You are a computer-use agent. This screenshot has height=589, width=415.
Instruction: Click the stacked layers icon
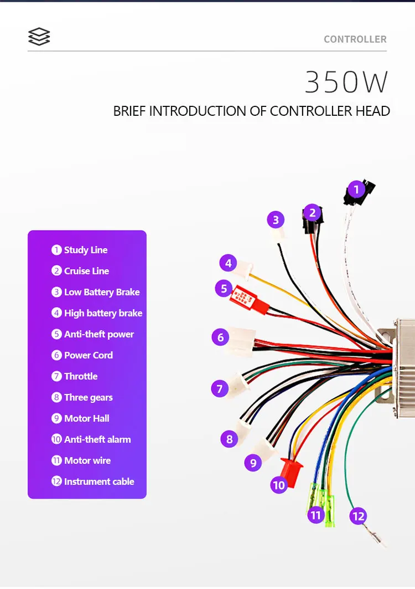tap(39, 37)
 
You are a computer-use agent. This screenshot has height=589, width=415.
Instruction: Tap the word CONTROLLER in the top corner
tap(355, 39)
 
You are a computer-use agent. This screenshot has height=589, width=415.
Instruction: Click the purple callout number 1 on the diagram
tap(356, 190)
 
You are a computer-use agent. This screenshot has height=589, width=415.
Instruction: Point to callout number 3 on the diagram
tap(276, 220)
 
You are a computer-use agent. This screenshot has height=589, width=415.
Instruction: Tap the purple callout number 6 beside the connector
tap(220, 337)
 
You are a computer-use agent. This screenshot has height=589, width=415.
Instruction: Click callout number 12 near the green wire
tap(359, 517)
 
